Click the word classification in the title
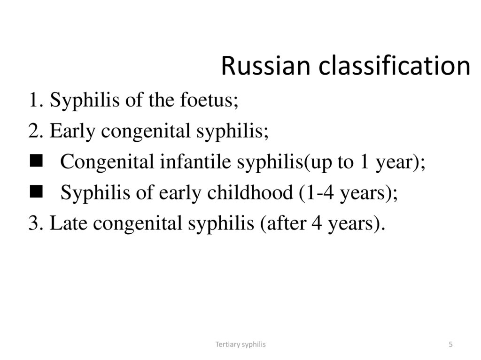tap(395, 66)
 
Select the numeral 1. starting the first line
tap(36, 100)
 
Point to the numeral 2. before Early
tap(36, 131)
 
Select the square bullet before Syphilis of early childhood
tap(35, 191)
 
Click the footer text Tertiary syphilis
tap(240, 345)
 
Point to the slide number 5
tap(450, 345)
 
